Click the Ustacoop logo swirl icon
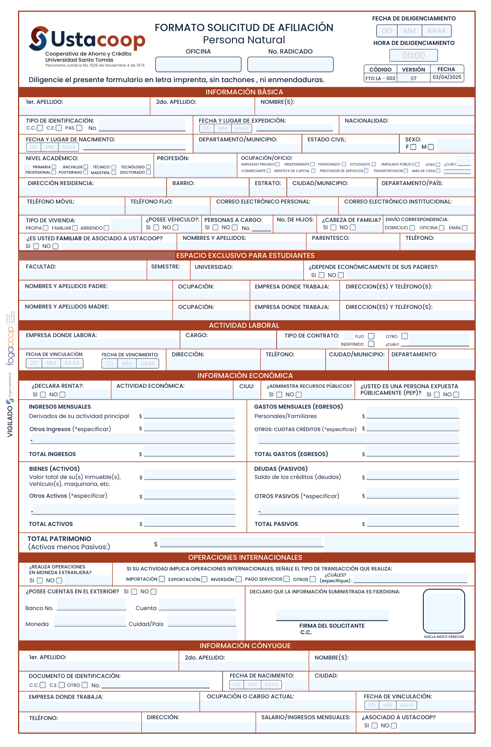click(39, 38)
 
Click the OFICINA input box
click(198, 65)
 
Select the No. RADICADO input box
click(290, 65)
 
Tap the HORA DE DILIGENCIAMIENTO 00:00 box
click(413, 56)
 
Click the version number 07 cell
click(414, 78)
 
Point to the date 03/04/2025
click(447, 77)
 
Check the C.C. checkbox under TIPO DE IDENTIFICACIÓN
click(40, 128)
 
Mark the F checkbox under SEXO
click(413, 147)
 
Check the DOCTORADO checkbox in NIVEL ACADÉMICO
click(148, 172)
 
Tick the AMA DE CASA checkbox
click(438, 171)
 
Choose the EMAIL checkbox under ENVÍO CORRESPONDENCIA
click(465, 228)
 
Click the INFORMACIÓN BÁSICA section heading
click(244, 92)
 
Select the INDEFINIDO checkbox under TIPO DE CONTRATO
click(371, 344)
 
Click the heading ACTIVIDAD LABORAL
click(244, 325)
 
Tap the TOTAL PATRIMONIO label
click(59, 539)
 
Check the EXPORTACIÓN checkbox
click(204, 579)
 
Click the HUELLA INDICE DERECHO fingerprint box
click(444, 611)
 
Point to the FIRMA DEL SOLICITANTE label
click(332, 626)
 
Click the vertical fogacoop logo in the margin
click(11, 345)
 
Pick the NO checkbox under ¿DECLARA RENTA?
click(63, 395)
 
